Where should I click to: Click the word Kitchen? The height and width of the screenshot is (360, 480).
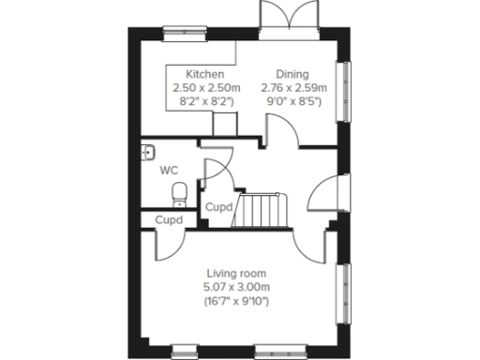tap(204, 74)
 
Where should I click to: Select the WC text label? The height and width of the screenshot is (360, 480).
tap(169, 170)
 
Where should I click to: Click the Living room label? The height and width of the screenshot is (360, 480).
tap(238, 273)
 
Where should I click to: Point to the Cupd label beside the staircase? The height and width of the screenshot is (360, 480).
tap(218, 206)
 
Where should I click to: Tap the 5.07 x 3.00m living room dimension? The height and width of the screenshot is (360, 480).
tap(238, 286)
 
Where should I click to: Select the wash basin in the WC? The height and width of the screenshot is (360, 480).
tap(147, 152)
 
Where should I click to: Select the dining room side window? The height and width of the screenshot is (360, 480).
tap(344, 89)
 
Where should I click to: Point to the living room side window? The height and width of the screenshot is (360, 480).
tap(344, 291)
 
